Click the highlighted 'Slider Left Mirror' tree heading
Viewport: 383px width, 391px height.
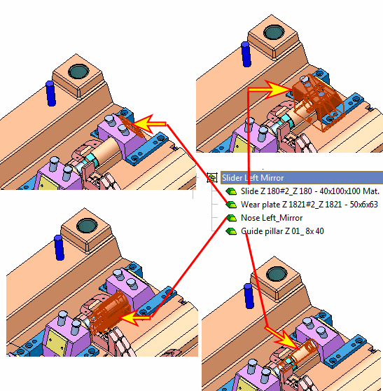[253, 178]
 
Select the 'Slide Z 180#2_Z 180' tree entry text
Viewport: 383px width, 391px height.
[277, 191]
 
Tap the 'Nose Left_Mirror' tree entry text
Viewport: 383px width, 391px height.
[272, 218]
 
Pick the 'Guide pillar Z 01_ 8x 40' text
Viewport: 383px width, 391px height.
[282, 231]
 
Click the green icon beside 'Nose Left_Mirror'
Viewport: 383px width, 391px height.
[231, 218]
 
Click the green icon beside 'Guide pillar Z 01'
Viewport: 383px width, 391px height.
[231, 231]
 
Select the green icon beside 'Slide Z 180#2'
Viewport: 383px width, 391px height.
[231, 191]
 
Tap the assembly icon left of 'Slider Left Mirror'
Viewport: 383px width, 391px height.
[212, 178]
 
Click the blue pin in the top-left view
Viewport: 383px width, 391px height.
[50, 93]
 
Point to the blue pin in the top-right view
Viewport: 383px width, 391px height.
[246, 54]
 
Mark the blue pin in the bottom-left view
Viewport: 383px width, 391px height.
[59, 247]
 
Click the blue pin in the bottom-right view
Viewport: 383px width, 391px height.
[249, 296]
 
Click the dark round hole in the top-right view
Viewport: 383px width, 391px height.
[274, 32]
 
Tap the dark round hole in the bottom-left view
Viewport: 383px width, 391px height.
[87, 226]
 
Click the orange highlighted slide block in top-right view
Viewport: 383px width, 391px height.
[318, 102]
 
